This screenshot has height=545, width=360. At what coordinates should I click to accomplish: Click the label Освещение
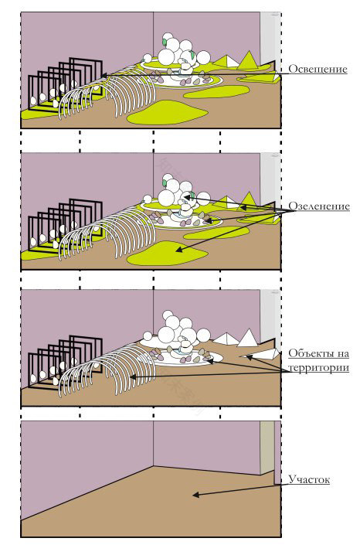pos(318,69)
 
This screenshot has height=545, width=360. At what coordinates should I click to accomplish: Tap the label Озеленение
pos(319,206)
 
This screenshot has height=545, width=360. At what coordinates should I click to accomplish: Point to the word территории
pos(318,368)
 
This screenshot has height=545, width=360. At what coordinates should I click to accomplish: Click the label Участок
pos(309,480)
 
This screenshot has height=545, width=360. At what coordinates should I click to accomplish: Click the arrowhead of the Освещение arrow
pos(104,75)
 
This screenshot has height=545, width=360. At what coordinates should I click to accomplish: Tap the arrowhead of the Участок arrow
pos(196,495)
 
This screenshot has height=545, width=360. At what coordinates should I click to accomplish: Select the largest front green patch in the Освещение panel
pos(167,112)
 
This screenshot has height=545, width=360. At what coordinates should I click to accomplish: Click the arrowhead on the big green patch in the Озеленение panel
pos(178,249)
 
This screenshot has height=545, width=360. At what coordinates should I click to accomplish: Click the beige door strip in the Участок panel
pos(267,448)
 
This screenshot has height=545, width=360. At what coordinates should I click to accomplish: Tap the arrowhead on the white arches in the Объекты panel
pos(132,376)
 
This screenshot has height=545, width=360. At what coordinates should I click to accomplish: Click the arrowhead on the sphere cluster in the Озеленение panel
pos(187,197)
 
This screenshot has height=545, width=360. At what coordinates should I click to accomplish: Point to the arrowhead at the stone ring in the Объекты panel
pos(210,360)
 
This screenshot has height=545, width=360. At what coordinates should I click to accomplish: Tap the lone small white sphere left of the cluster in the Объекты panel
pos(148,336)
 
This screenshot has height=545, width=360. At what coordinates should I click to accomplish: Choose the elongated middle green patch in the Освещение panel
pos(216,92)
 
